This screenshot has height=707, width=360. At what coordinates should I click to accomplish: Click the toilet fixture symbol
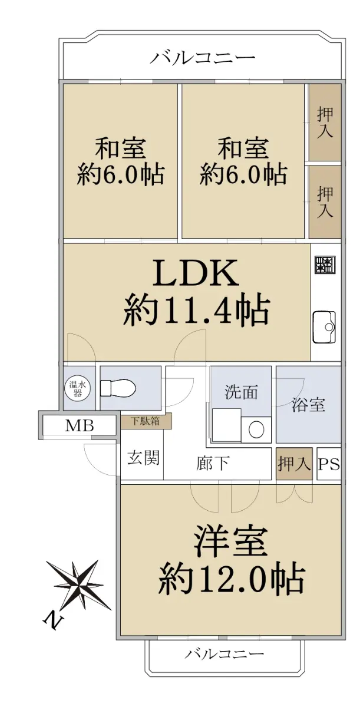coord(118,388)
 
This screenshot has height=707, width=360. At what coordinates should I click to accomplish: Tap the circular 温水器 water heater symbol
coord(78,388)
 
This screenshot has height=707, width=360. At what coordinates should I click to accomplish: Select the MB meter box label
coord(80,426)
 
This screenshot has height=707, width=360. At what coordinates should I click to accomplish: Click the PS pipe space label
coord(329,464)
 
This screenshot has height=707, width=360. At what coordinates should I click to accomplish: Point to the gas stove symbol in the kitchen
coord(324,265)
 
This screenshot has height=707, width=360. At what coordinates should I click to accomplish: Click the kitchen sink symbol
coord(324,326)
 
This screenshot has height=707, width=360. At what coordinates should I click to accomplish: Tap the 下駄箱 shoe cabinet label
coord(146,421)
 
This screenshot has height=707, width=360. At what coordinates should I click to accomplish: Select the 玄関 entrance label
coord(144,457)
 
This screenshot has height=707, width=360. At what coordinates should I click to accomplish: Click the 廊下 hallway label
coord(212,463)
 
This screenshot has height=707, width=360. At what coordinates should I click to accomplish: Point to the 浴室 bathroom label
coord(308,405)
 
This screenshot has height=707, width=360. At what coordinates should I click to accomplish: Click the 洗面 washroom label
coord(241,392)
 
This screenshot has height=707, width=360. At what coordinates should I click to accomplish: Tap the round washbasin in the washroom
coord(256,430)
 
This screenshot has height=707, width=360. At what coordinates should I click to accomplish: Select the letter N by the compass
coord(52,620)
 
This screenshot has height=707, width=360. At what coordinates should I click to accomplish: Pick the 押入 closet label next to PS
coord(295,464)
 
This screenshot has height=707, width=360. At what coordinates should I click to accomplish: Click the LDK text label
coord(196,273)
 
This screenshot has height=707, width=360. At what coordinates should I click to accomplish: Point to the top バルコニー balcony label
coord(202,58)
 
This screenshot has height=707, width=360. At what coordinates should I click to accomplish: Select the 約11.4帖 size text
coord(196,310)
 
